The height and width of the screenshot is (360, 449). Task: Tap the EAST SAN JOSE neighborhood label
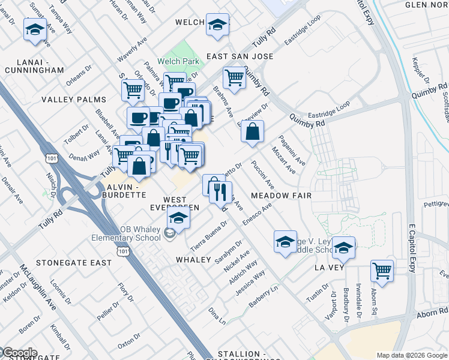click(x=240, y=56)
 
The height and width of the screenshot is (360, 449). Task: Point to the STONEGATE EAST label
click(x=74, y=263)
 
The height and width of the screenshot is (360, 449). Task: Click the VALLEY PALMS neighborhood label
click(x=74, y=100)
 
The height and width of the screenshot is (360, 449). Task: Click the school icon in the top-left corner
click(x=35, y=29)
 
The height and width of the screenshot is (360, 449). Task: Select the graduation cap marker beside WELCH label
click(x=217, y=25)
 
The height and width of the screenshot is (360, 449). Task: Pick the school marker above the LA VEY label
click(x=343, y=247)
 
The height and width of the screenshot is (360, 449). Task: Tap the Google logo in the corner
click(x=19, y=353)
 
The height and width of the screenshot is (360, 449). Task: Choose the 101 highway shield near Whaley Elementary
click(x=123, y=251)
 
